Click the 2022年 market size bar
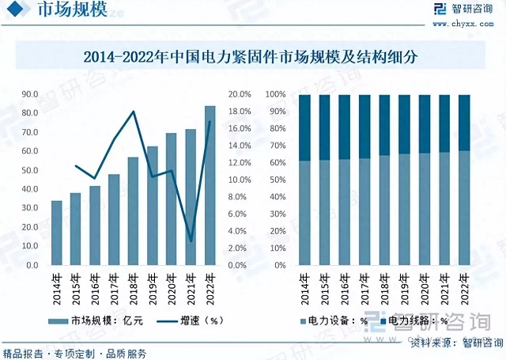point(210,186)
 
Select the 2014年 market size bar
point(57,233)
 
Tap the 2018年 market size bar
point(134,211)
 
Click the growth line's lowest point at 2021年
point(191,241)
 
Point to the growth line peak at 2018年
point(134,112)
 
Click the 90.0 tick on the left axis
point(30,94)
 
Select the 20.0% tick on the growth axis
point(240,94)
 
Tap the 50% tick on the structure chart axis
point(278,180)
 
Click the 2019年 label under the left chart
point(153,290)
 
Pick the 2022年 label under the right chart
point(464,290)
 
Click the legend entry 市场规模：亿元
point(96,321)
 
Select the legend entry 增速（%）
point(190,321)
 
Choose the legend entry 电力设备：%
point(334,321)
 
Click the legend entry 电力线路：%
point(414,321)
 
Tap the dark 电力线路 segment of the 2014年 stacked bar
point(304,128)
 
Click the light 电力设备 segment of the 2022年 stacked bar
point(464,208)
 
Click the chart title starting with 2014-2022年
point(251,57)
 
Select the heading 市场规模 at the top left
point(72,9)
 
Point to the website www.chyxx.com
point(463,24)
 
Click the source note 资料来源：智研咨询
point(457,343)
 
